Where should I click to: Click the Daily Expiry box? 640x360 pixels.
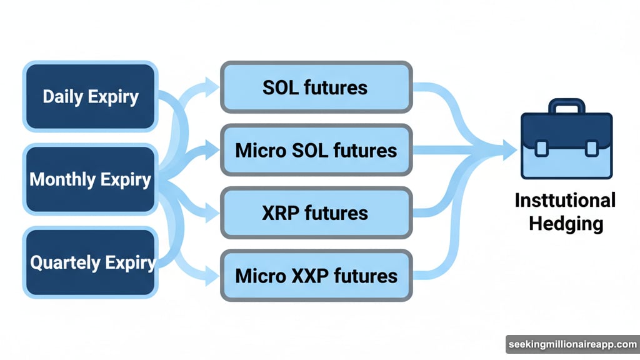click(90, 96)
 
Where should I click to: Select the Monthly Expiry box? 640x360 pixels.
click(90, 180)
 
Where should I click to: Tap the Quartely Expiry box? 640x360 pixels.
click(90, 262)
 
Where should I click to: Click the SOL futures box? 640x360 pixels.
click(316, 87)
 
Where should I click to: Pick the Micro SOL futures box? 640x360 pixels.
click(316, 150)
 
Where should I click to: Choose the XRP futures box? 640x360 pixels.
click(316, 213)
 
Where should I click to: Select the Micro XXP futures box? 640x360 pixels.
click(316, 275)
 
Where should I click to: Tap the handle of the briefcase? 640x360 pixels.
click(566, 107)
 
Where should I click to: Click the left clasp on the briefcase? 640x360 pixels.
click(542, 148)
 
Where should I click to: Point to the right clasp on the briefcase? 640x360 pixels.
click(591, 148)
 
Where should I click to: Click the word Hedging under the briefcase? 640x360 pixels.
click(566, 223)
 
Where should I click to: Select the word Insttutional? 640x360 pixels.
click(566, 201)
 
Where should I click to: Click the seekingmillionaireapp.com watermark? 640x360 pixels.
click(572, 344)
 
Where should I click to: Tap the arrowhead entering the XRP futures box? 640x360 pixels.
click(211, 214)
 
